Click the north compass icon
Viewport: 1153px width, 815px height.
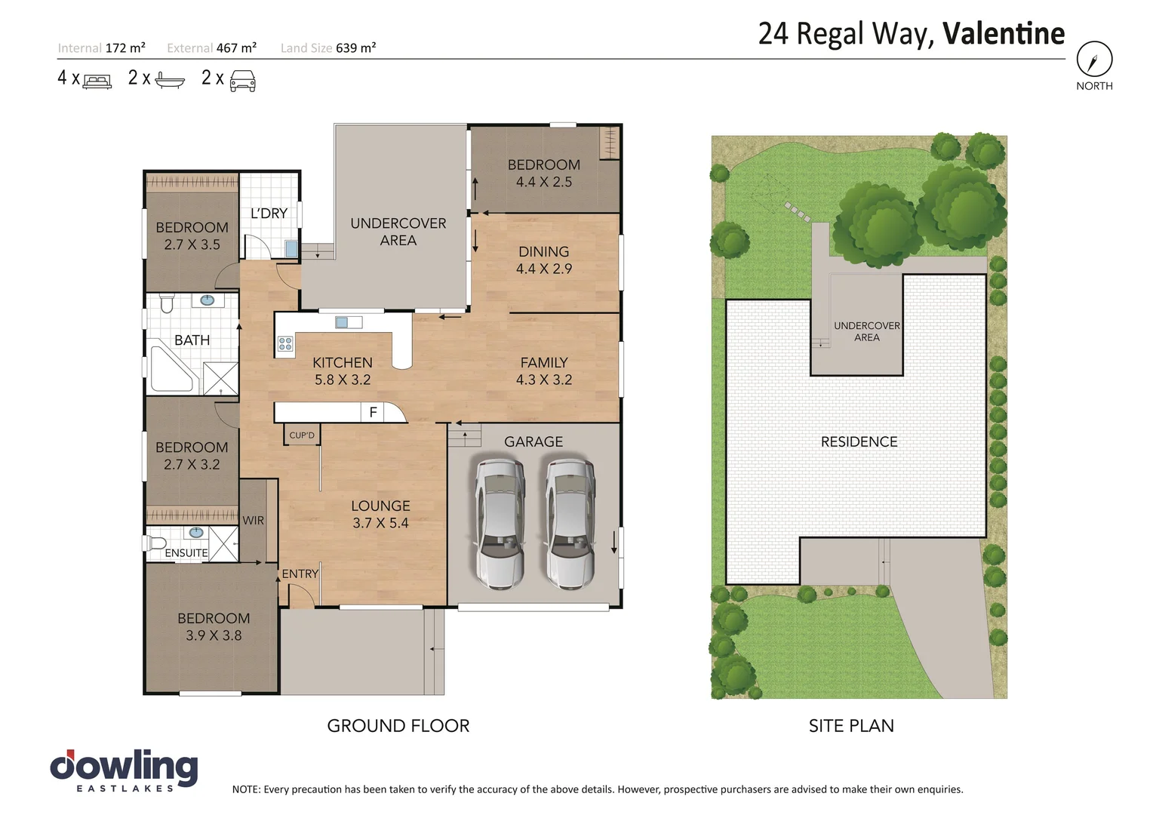(x=1094, y=59)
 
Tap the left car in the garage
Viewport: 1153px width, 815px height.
(x=499, y=523)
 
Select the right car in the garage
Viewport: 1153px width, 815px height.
(x=570, y=523)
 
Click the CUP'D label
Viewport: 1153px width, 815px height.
(x=302, y=435)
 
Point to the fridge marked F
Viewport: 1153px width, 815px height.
(x=373, y=413)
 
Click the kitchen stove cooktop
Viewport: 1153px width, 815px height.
(x=285, y=344)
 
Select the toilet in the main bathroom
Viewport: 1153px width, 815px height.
(x=167, y=303)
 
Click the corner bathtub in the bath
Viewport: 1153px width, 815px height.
(x=171, y=370)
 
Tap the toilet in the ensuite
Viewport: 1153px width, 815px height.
(x=157, y=543)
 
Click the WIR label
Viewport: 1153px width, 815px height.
(x=254, y=521)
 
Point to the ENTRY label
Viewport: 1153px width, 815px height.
(x=300, y=574)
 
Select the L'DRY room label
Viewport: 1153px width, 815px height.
(x=269, y=214)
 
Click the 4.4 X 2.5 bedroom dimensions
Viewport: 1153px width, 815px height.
(x=543, y=182)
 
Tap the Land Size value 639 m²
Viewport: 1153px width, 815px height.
(x=355, y=48)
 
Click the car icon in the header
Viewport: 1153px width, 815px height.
(x=242, y=80)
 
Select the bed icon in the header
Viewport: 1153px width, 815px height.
(x=97, y=81)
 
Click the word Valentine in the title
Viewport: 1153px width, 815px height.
(x=1004, y=34)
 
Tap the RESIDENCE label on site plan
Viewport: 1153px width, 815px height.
(x=859, y=442)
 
